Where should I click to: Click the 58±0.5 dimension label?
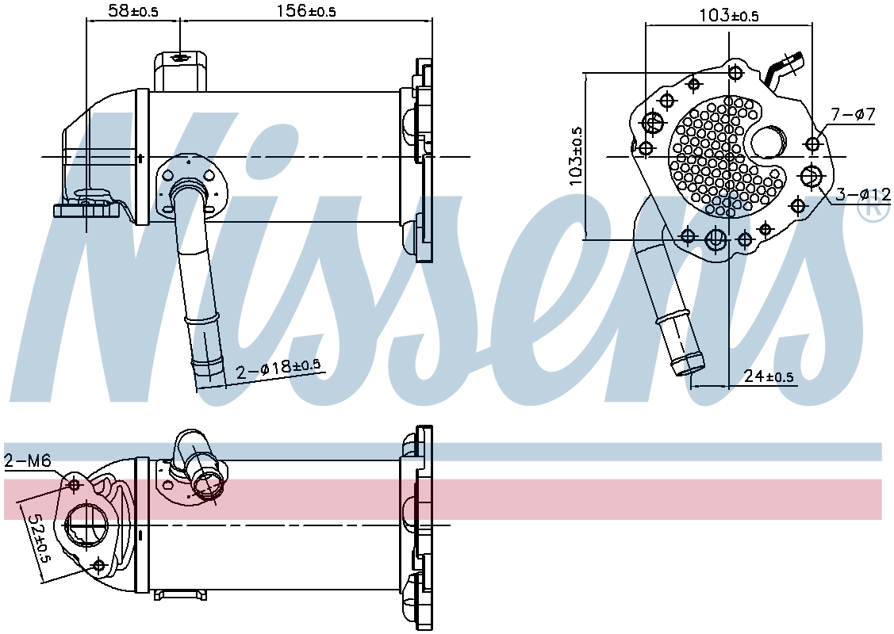point(133,10)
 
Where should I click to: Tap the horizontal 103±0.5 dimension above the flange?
point(729,15)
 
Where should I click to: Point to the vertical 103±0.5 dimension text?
point(576,157)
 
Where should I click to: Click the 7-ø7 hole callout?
point(853,115)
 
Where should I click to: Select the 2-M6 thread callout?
point(28,460)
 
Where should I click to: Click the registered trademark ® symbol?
point(873,209)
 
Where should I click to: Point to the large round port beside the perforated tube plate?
point(768,143)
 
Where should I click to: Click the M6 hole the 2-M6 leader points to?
point(75,484)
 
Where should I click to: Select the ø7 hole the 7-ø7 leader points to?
point(812,143)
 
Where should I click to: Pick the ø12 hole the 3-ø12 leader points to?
point(811,176)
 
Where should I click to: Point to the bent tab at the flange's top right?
point(786,67)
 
